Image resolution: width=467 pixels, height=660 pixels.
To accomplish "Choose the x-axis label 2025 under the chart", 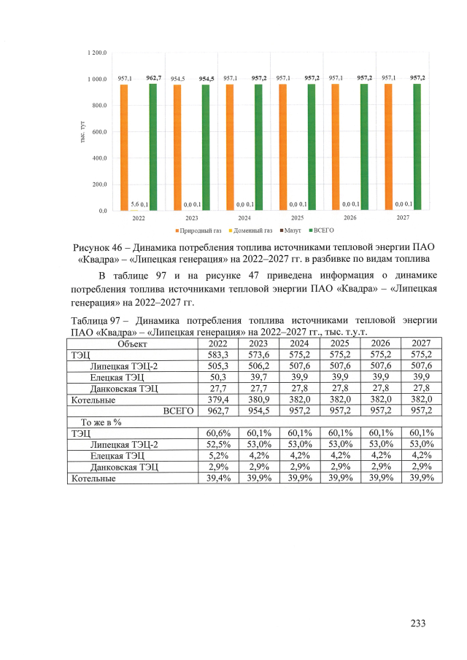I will [298, 217].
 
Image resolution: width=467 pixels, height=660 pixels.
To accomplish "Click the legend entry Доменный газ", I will [251, 230].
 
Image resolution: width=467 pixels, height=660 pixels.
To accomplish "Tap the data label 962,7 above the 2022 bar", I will [154, 77].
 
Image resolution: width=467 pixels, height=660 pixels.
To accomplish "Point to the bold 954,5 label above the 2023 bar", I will [207, 78].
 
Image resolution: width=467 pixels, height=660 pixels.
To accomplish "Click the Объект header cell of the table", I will [132, 343].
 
